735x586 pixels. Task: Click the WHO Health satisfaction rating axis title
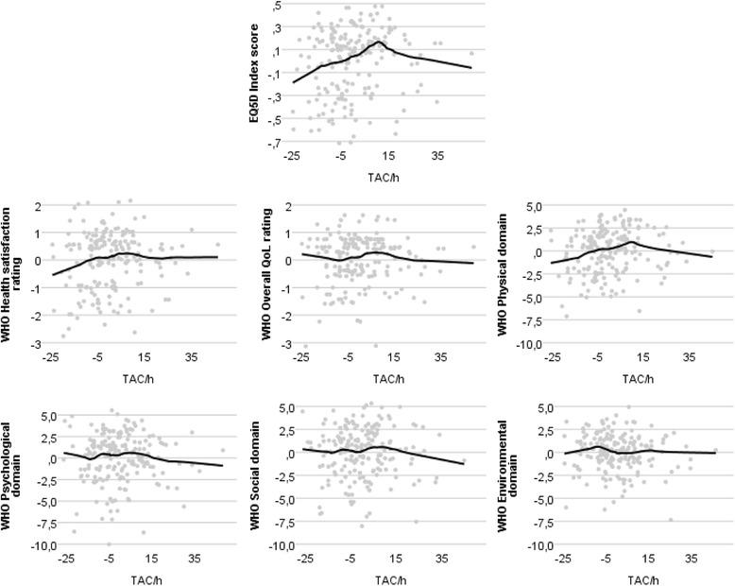[22, 274]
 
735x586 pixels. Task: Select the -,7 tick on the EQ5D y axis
[274, 143]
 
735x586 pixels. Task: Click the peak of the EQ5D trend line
[379, 42]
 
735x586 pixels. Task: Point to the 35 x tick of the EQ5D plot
[437, 155]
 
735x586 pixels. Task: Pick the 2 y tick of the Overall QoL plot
[284, 205]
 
